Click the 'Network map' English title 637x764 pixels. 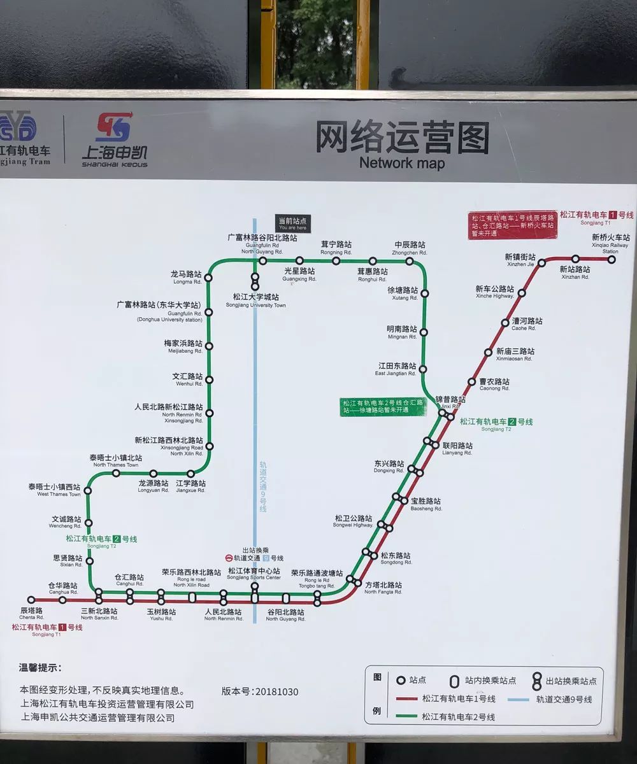point(402,163)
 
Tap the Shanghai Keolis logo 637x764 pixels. point(114,140)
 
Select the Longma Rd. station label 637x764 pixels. point(186,277)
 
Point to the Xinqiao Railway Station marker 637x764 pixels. point(612,259)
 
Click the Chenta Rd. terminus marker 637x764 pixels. point(31,600)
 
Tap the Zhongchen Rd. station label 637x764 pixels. point(410,248)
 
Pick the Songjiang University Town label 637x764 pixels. point(255,301)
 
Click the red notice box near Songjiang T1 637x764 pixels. point(512,225)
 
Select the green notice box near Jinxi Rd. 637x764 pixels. point(383,406)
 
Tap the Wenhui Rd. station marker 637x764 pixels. point(209,379)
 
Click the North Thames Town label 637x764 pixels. point(116,461)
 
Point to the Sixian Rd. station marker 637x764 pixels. point(89,561)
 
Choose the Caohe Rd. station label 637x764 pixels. point(527,324)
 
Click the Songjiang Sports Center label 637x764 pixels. point(254,574)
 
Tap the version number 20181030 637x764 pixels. point(260,691)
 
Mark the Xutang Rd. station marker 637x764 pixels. point(424,294)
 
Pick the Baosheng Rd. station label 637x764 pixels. point(426,504)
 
